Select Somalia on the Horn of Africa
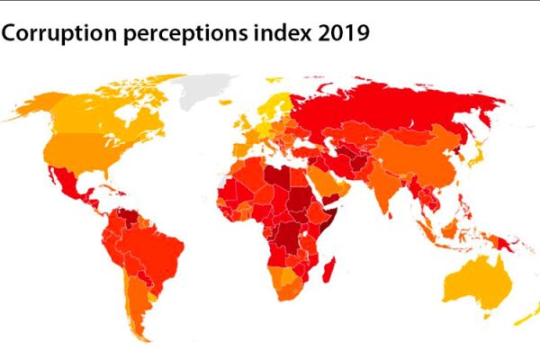(x=335, y=216)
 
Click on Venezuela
(x=134, y=216)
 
